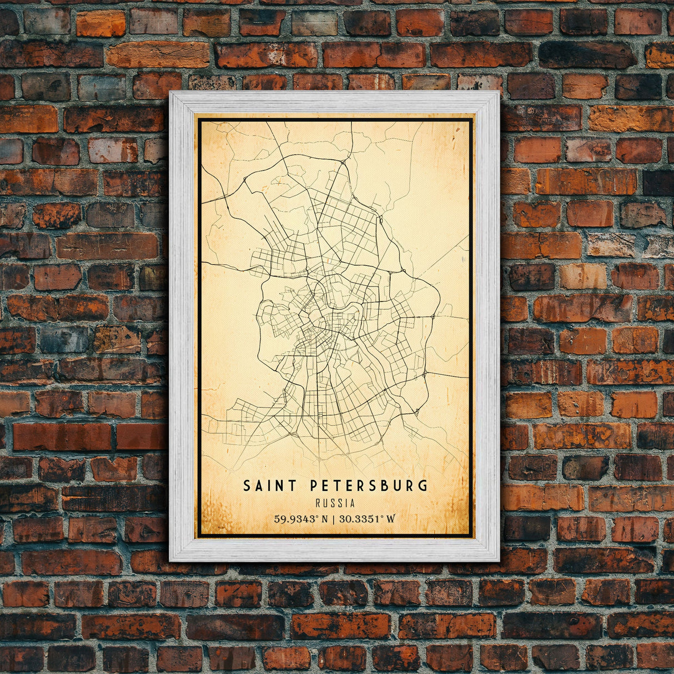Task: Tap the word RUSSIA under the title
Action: coord(335,504)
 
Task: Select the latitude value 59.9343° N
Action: coord(299,520)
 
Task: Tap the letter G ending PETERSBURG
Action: coord(424,486)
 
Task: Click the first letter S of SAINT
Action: coord(247,486)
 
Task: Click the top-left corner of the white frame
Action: coord(170,92)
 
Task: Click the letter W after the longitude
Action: coord(391,520)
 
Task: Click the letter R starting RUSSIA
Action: coord(317,504)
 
